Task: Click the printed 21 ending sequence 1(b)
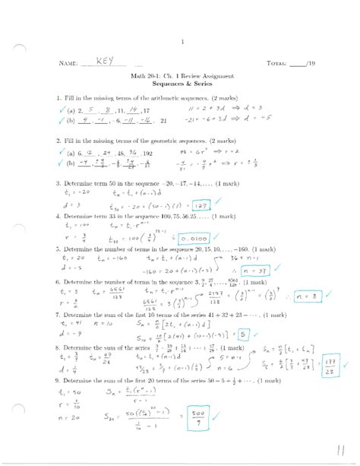click(x=161, y=120)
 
